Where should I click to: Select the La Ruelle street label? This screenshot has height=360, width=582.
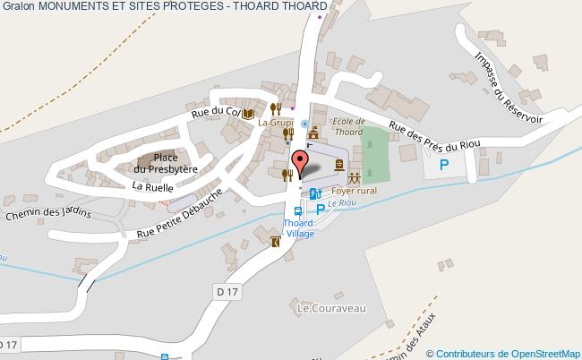pyautogui.click(x=152, y=186)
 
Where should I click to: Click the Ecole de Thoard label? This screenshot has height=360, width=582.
pyautogui.click(x=348, y=126)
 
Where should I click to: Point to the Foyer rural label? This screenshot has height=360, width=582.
pyautogui.click(x=354, y=191)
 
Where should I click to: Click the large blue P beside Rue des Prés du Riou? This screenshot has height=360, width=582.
pyautogui.click(x=443, y=165)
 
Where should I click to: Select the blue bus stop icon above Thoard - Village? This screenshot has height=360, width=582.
pyautogui.click(x=298, y=210)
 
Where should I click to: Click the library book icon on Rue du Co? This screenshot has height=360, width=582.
pyautogui.click(x=247, y=112)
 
